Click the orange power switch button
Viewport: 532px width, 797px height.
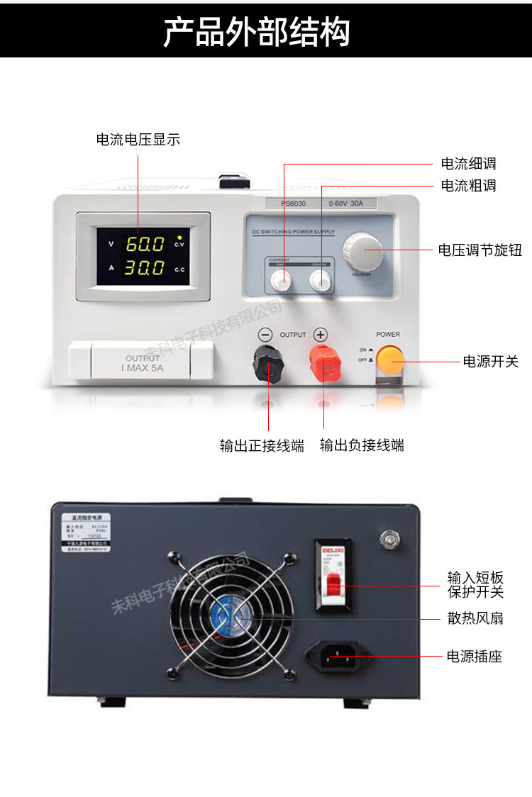pyautogui.click(x=389, y=360)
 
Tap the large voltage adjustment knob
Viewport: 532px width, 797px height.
pyautogui.click(x=363, y=250)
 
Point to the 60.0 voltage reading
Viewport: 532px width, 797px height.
pyautogui.click(x=145, y=244)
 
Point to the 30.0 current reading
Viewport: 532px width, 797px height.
pyautogui.click(x=145, y=268)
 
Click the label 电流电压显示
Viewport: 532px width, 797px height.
pyautogui.click(x=138, y=140)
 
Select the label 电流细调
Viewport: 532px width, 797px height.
pyautogui.click(x=468, y=164)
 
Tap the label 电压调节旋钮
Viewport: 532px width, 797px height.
pyautogui.click(x=480, y=250)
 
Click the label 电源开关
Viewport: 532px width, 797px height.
pyautogui.click(x=491, y=362)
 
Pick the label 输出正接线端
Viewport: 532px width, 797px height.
pyautogui.click(x=262, y=445)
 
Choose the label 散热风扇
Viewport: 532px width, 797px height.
pyautogui.click(x=475, y=618)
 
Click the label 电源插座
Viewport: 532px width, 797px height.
pyautogui.click(x=474, y=657)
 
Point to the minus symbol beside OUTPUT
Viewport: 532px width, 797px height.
pyautogui.click(x=265, y=334)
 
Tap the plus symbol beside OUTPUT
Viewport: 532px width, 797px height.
pyautogui.click(x=321, y=334)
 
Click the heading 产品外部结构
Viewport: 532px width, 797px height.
pyautogui.click(x=257, y=32)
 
